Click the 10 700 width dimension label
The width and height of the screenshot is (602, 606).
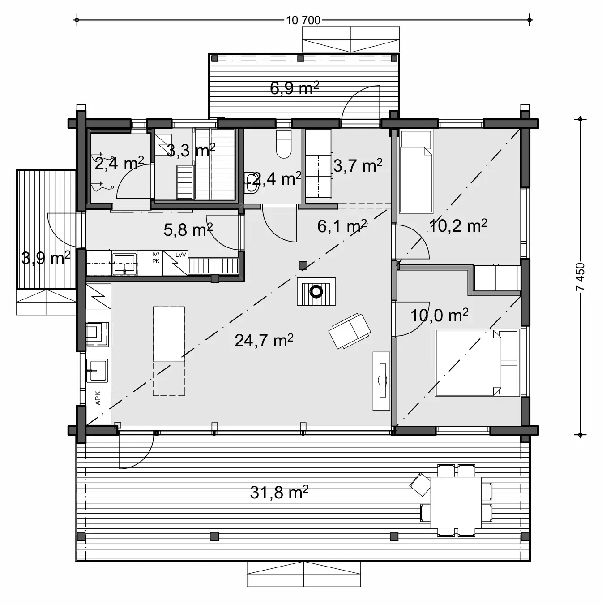303,20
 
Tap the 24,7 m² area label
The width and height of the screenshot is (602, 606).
264,340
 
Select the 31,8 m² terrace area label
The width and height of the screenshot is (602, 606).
279,493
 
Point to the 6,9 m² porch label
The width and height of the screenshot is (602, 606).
294,88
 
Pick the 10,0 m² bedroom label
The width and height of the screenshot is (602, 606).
439,316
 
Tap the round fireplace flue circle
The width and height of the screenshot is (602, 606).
316,292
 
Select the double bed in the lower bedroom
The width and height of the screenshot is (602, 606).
477,363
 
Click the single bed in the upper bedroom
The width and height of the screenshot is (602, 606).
416,171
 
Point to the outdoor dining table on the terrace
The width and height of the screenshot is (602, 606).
456,502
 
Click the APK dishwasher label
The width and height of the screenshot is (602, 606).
98,398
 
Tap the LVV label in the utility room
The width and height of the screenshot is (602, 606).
180,255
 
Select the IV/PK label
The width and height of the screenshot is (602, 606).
156,257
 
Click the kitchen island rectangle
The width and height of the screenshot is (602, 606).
169,334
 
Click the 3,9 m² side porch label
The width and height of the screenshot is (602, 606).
46,258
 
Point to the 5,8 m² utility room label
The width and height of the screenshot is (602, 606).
188,230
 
